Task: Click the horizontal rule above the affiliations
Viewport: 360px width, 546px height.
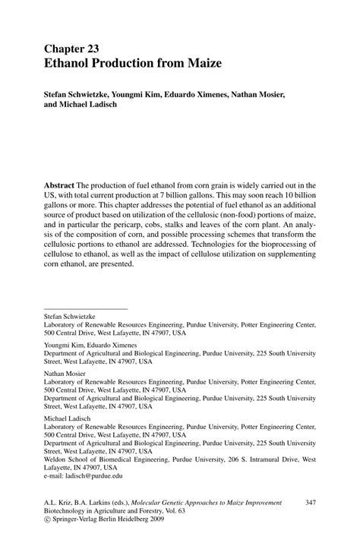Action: click(86, 308)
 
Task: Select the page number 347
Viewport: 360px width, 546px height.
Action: click(310, 503)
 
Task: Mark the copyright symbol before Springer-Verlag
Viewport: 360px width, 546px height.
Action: click(48, 522)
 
